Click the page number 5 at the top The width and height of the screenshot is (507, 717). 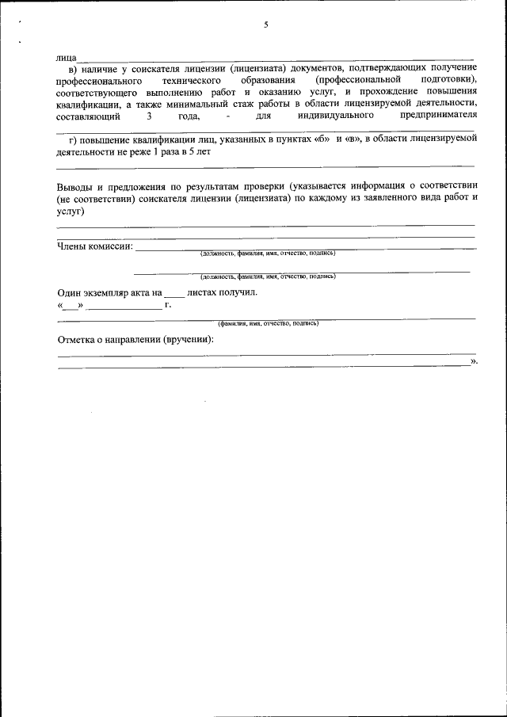tap(266, 25)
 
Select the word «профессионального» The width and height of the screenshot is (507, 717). tap(98, 82)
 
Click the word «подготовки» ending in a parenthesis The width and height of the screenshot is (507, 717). tap(444, 82)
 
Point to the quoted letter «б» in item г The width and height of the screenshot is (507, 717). tap(316, 139)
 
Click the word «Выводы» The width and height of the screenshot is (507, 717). tap(76, 187)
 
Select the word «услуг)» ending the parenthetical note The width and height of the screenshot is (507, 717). tap(71, 212)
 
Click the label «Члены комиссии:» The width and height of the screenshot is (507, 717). tap(95, 246)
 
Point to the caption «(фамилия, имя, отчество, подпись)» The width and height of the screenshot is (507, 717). tap(268, 323)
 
